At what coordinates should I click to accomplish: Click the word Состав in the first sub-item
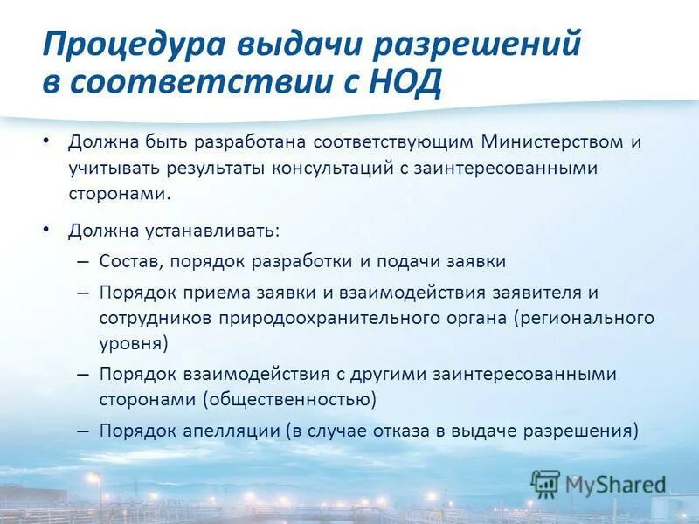[x=130, y=261]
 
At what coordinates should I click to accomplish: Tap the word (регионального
[x=584, y=318]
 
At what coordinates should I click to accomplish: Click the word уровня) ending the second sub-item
[x=134, y=343]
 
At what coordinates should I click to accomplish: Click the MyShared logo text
[x=615, y=483]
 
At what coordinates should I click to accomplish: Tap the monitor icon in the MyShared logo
[x=545, y=483]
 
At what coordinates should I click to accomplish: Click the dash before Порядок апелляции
[x=82, y=431]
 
